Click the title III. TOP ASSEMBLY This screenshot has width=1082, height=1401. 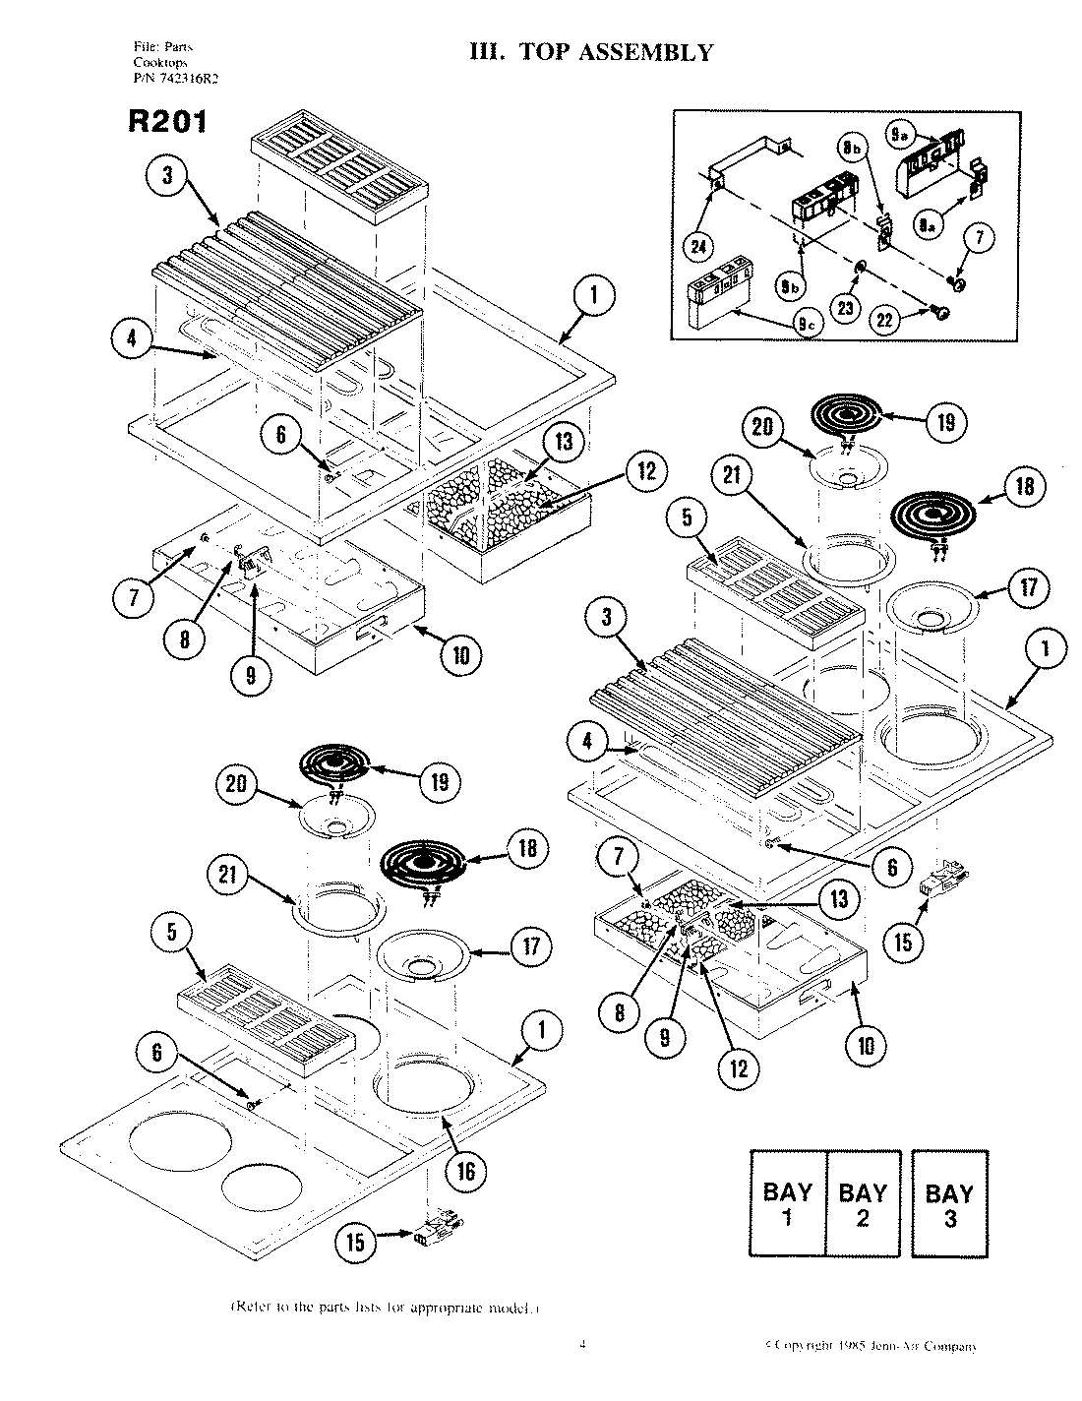[591, 52]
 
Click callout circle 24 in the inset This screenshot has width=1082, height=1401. [697, 247]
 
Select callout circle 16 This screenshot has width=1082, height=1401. [465, 1171]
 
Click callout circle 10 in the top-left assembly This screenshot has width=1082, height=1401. [460, 655]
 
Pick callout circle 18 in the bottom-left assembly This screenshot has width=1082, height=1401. [528, 848]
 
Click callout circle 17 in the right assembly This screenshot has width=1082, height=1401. [1026, 588]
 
